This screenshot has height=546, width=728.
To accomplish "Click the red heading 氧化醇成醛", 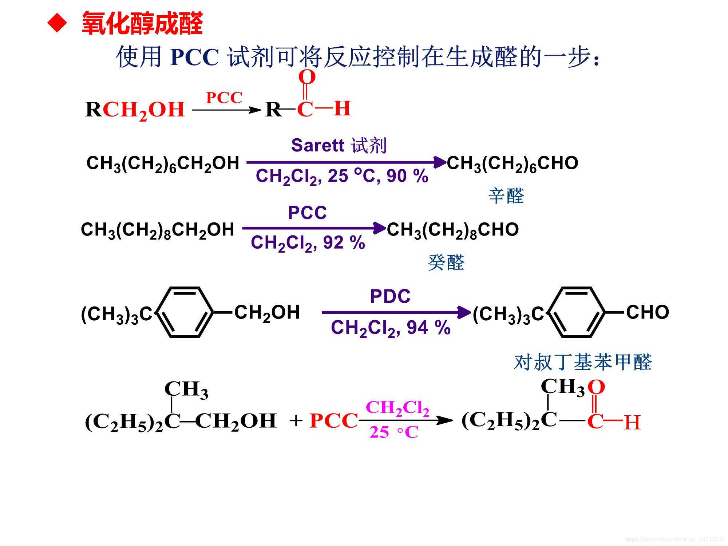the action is point(142,24).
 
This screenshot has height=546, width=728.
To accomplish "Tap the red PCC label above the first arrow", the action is point(224,98).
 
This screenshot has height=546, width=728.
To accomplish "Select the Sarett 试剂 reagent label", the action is point(339,146).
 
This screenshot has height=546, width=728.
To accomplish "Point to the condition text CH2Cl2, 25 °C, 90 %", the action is point(342,177).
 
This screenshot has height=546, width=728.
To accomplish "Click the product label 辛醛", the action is point(506,196).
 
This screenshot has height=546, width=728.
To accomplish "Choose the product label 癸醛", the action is point(446,262).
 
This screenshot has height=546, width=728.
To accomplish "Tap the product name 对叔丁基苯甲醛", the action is point(582,363).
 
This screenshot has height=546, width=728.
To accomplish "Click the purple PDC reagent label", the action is point(390,296).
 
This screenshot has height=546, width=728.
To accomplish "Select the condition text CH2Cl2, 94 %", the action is point(391,328).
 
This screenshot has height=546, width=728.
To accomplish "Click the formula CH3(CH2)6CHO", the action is point(512,163).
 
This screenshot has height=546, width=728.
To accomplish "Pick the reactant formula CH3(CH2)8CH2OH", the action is point(157,230).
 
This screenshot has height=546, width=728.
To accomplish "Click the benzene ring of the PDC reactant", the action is point(185,312).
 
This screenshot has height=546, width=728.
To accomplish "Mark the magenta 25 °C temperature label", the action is point(394,432).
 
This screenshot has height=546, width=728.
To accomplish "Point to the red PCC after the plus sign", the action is point(333,421).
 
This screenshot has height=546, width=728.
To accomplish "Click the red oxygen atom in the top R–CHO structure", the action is point(307,77).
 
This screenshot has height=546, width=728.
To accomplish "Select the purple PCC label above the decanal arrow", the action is point(307,213).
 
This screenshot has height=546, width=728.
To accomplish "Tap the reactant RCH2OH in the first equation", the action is point(135,110).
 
